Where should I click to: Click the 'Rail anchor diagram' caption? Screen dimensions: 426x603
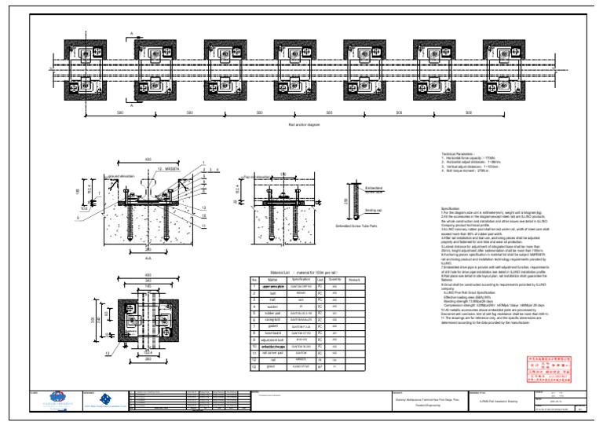click(x=305, y=124)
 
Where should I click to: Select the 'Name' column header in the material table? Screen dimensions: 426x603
click(x=272, y=279)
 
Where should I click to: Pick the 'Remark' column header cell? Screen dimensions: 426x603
click(x=353, y=279)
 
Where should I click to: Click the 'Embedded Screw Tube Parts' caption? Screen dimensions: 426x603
click(x=358, y=226)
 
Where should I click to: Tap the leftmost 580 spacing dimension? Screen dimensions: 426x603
click(x=119, y=112)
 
